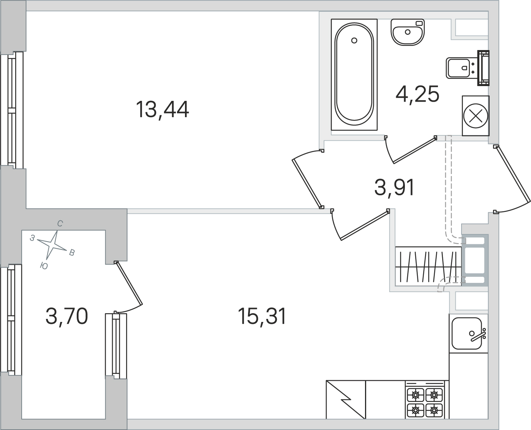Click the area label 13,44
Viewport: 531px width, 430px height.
[x=162, y=110]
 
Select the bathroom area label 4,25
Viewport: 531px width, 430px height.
[x=417, y=94]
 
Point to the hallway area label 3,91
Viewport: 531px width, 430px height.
[x=394, y=187]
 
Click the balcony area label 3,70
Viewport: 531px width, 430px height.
[x=66, y=316]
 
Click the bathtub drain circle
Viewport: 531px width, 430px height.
[x=354, y=40]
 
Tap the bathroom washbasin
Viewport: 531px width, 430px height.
[x=408, y=32]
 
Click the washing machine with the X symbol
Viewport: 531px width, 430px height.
[x=476, y=116]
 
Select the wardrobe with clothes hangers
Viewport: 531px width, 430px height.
[x=428, y=266]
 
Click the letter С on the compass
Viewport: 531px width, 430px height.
[x=60, y=224]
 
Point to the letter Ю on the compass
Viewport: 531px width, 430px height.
[x=44, y=266]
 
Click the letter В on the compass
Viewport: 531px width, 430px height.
[x=72, y=253]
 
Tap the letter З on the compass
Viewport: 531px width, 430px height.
[x=32, y=238]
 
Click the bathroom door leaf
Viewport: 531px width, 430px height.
[x=414, y=150]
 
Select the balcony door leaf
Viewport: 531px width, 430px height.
[x=129, y=283]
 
